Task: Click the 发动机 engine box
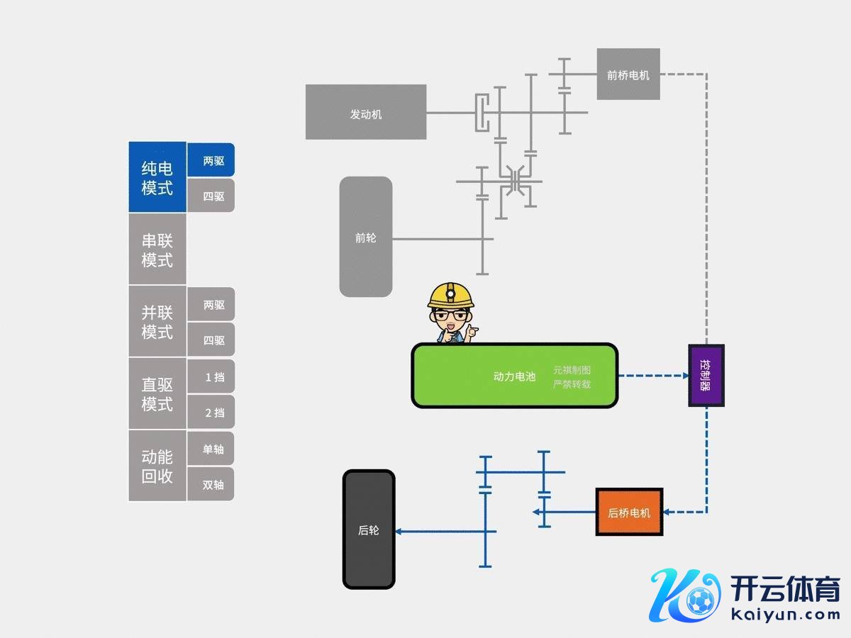(366, 112)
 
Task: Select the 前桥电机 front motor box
(628, 74)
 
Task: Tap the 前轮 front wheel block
(366, 237)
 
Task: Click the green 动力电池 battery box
(514, 376)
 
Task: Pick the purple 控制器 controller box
(706, 375)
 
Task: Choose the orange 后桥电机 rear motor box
(629, 512)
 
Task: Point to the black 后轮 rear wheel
(369, 530)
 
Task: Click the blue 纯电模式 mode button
(157, 177)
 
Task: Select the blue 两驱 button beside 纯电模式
(211, 160)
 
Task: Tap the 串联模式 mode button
(157, 250)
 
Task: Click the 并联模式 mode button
(157, 322)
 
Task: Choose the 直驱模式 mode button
(157, 394)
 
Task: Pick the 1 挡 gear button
(211, 376)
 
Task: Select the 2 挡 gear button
(211, 412)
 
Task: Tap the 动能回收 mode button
(157, 466)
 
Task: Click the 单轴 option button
(211, 449)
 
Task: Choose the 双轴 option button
(211, 484)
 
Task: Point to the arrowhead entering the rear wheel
(399, 531)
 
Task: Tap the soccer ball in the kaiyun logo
(700, 601)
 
